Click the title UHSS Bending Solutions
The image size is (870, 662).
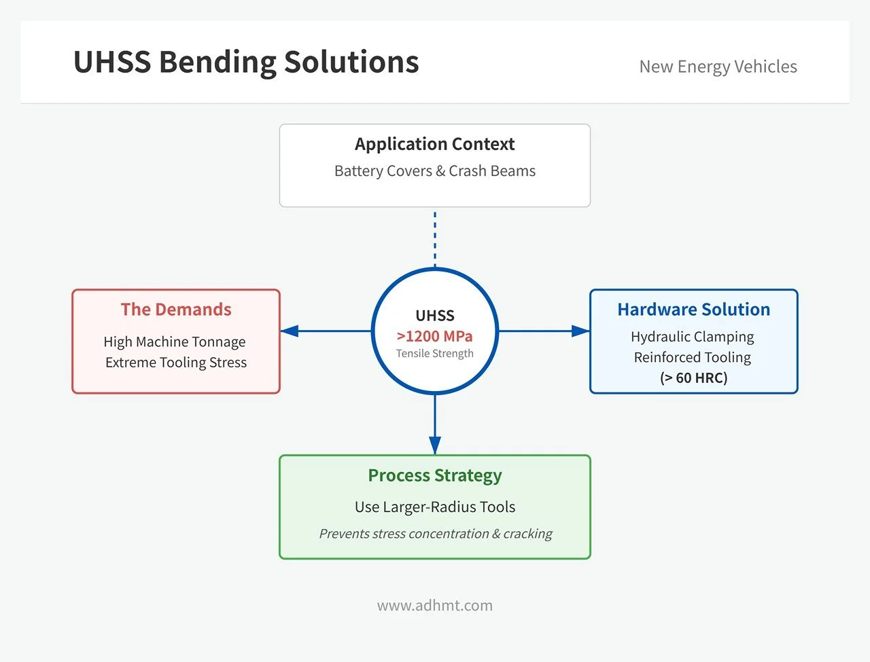coord(245,62)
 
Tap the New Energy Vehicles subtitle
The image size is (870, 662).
coord(718,67)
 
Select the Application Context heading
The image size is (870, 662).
coord(434,144)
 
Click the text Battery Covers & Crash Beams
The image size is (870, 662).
coord(434,171)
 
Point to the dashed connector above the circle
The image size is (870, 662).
coord(435,238)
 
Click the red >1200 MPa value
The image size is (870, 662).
coord(434,336)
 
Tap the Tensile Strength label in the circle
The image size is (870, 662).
coord(434,354)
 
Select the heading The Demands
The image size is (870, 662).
coord(176,310)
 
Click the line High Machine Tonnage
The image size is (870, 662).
coord(175,342)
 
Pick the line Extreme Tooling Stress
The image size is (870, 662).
coord(176,363)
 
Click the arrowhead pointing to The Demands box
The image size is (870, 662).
coord(290,331)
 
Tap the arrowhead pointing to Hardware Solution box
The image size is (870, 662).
coord(580,331)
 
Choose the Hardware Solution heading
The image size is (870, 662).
coord(693,310)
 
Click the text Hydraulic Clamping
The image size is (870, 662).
coord(692,337)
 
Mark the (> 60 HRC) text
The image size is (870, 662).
coord(693,378)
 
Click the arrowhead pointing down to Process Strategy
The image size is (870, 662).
coord(435,445)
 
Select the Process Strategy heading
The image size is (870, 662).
coord(434,475)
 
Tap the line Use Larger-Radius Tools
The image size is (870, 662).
coord(434,507)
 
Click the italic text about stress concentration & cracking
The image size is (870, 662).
coord(435,534)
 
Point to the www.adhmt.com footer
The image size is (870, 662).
coord(434,606)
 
